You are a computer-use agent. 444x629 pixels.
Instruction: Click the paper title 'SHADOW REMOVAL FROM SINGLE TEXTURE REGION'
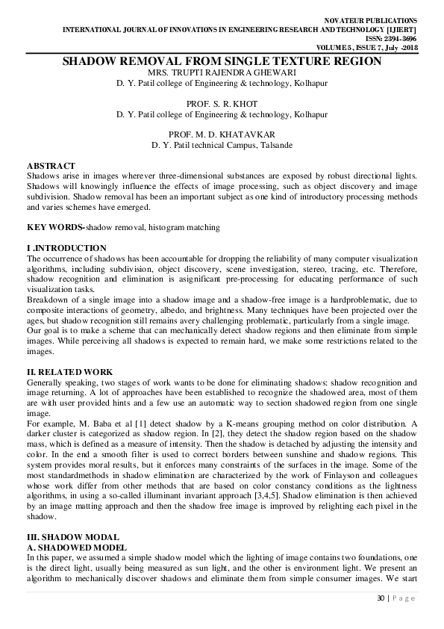point(222,62)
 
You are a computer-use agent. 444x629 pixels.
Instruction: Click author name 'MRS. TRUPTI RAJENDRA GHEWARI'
point(222,73)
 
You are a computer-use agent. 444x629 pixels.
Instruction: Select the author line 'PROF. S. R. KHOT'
point(222,105)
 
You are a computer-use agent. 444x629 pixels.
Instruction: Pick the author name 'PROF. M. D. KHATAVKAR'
point(222,134)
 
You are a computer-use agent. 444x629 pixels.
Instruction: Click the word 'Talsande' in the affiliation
point(276,145)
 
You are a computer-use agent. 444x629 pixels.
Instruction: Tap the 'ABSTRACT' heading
point(51,165)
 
